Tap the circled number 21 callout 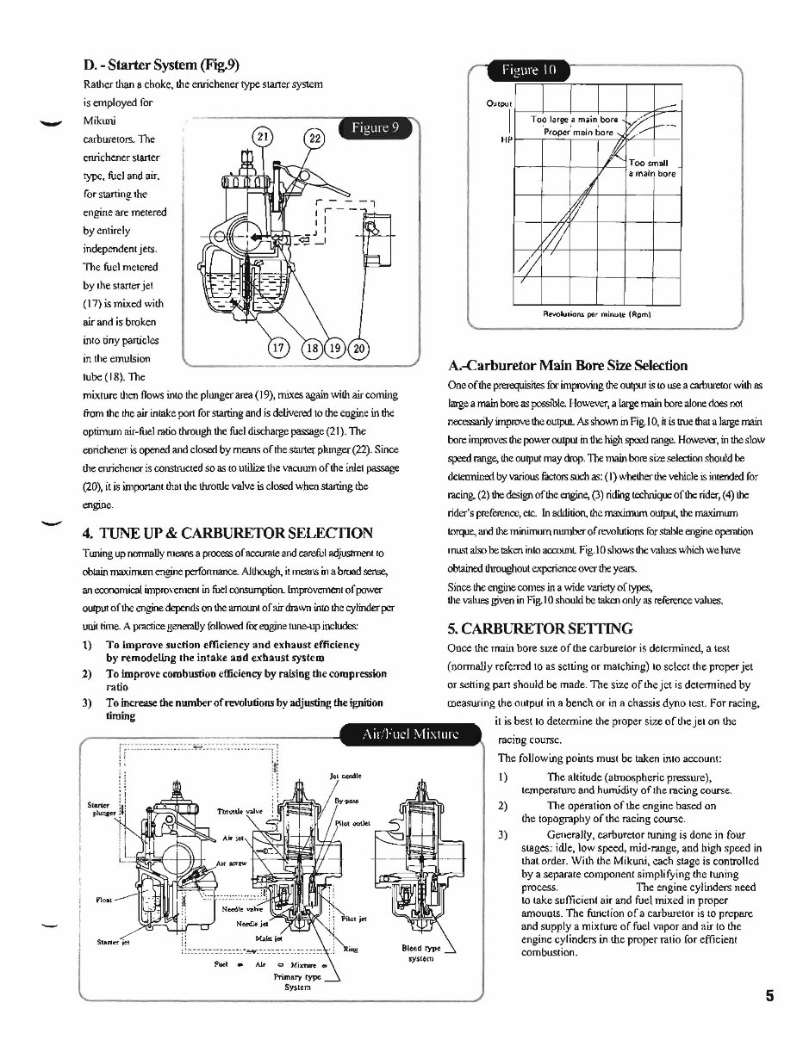(x=265, y=138)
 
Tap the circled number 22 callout (x=314, y=140)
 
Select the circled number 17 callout (x=277, y=350)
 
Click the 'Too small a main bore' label (x=652, y=168)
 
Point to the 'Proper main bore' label (x=578, y=132)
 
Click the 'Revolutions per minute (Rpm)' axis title (x=595, y=314)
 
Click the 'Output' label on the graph (x=499, y=104)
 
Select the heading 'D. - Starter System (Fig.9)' (x=161, y=65)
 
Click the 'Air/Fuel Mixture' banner (x=410, y=734)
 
